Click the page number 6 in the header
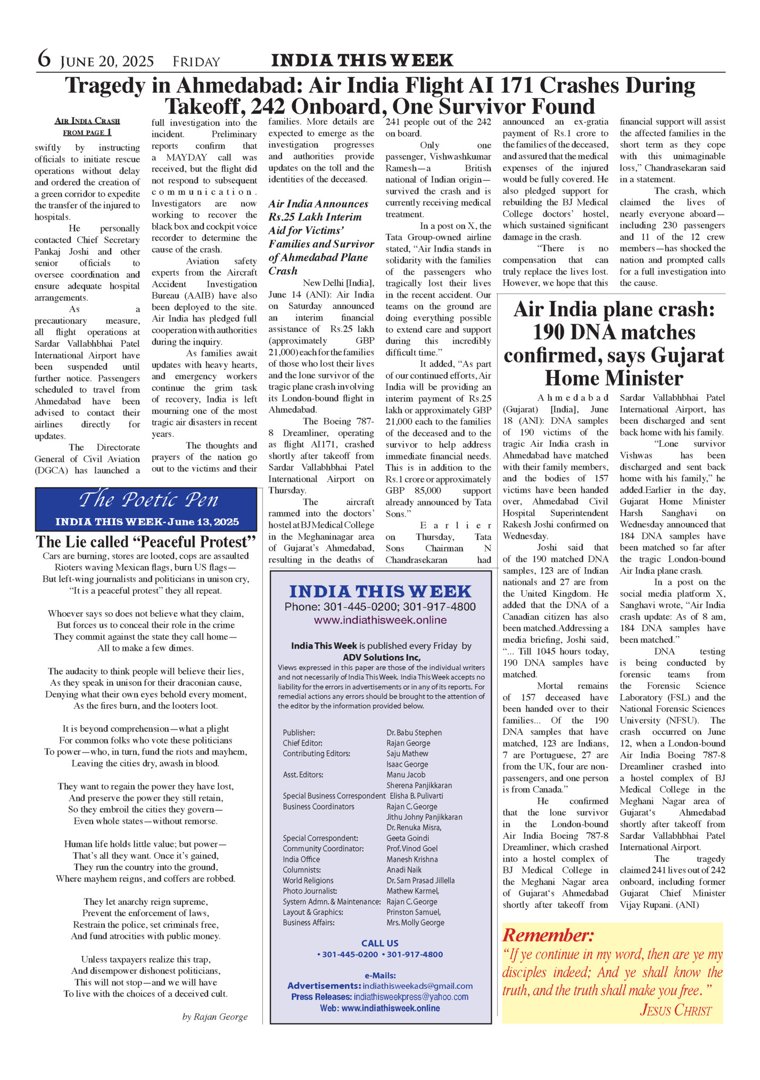click(x=44, y=59)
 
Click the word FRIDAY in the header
click(x=196, y=62)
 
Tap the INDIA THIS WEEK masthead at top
click(x=362, y=60)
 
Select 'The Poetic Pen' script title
click(x=148, y=500)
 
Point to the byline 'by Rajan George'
click(x=215, y=1017)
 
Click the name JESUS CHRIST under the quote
click(x=675, y=1010)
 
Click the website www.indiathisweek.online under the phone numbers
click(x=380, y=620)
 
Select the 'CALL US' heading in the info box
click(x=379, y=943)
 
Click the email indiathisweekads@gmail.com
click(x=417, y=986)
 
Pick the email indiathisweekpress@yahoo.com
click(x=411, y=996)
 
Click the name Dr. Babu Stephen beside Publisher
click(x=414, y=733)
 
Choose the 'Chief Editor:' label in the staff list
click(x=302, y=743)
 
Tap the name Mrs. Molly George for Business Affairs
click(x=415, y=922)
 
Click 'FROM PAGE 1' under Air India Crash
click(x=87, y=133)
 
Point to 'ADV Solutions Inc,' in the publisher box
click(x=381, y=657)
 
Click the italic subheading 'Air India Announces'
click(x=318, y=204)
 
